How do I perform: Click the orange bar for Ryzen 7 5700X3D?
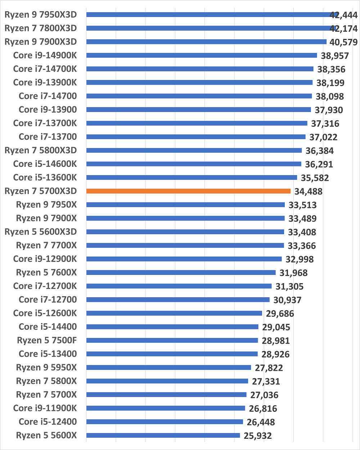(x=188, y=191)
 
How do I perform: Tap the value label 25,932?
(x=258, y=436)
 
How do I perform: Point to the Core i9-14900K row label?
(x=45, y=55)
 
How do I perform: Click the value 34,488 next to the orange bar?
(x=309, y=192)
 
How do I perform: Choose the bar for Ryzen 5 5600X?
(x=163, y=435)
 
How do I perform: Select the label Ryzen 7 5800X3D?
(x=41, y=150)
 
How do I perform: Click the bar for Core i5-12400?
(x=165, y=422)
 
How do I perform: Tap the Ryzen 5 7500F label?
(x=47, y=340)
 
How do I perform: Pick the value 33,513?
(x=303, y=205)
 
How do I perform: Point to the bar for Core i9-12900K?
(x=184, y=259)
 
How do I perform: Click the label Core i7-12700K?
(x=45, y=286)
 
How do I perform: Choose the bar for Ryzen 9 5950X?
(x=168, y=367)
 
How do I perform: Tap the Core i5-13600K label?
(x=45, y=177)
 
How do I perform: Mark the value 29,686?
(x=280, y=314)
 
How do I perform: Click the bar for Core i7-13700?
(x=196, y=137)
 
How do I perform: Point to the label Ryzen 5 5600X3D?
(x=41, y=232)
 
